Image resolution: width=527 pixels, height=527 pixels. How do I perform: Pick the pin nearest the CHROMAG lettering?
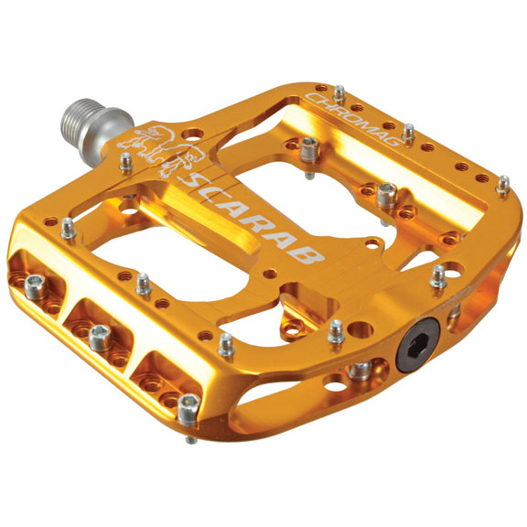point(339,93)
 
